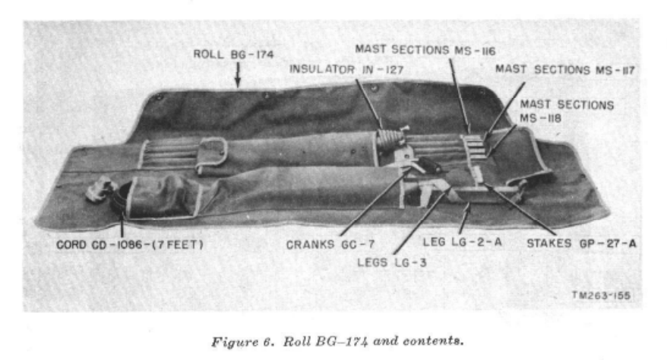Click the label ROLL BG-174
coord(233,54)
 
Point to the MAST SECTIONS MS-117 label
coord(564,69)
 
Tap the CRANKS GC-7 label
coord(321,245)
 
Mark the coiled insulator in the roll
coord(389,140)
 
